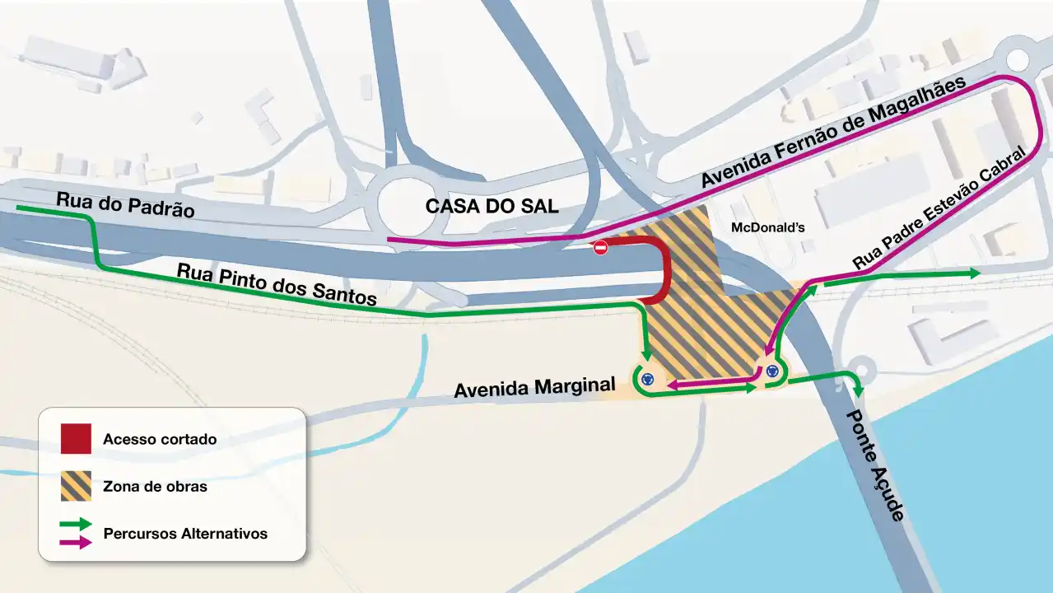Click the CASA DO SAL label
point(492,207)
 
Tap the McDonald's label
point(767,226)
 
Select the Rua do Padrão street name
point(125,204)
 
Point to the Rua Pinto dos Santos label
point(277,284)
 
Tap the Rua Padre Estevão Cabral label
point(942,208)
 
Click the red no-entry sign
point(600,248)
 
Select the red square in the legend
point(76,439)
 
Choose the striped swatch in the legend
point(76,486)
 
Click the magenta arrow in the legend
point(76,542)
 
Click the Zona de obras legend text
point(155,486)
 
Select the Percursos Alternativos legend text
point(185,533)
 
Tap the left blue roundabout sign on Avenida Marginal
point(648,379)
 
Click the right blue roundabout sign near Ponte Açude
point(772,371)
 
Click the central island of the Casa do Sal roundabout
point(411,200)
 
